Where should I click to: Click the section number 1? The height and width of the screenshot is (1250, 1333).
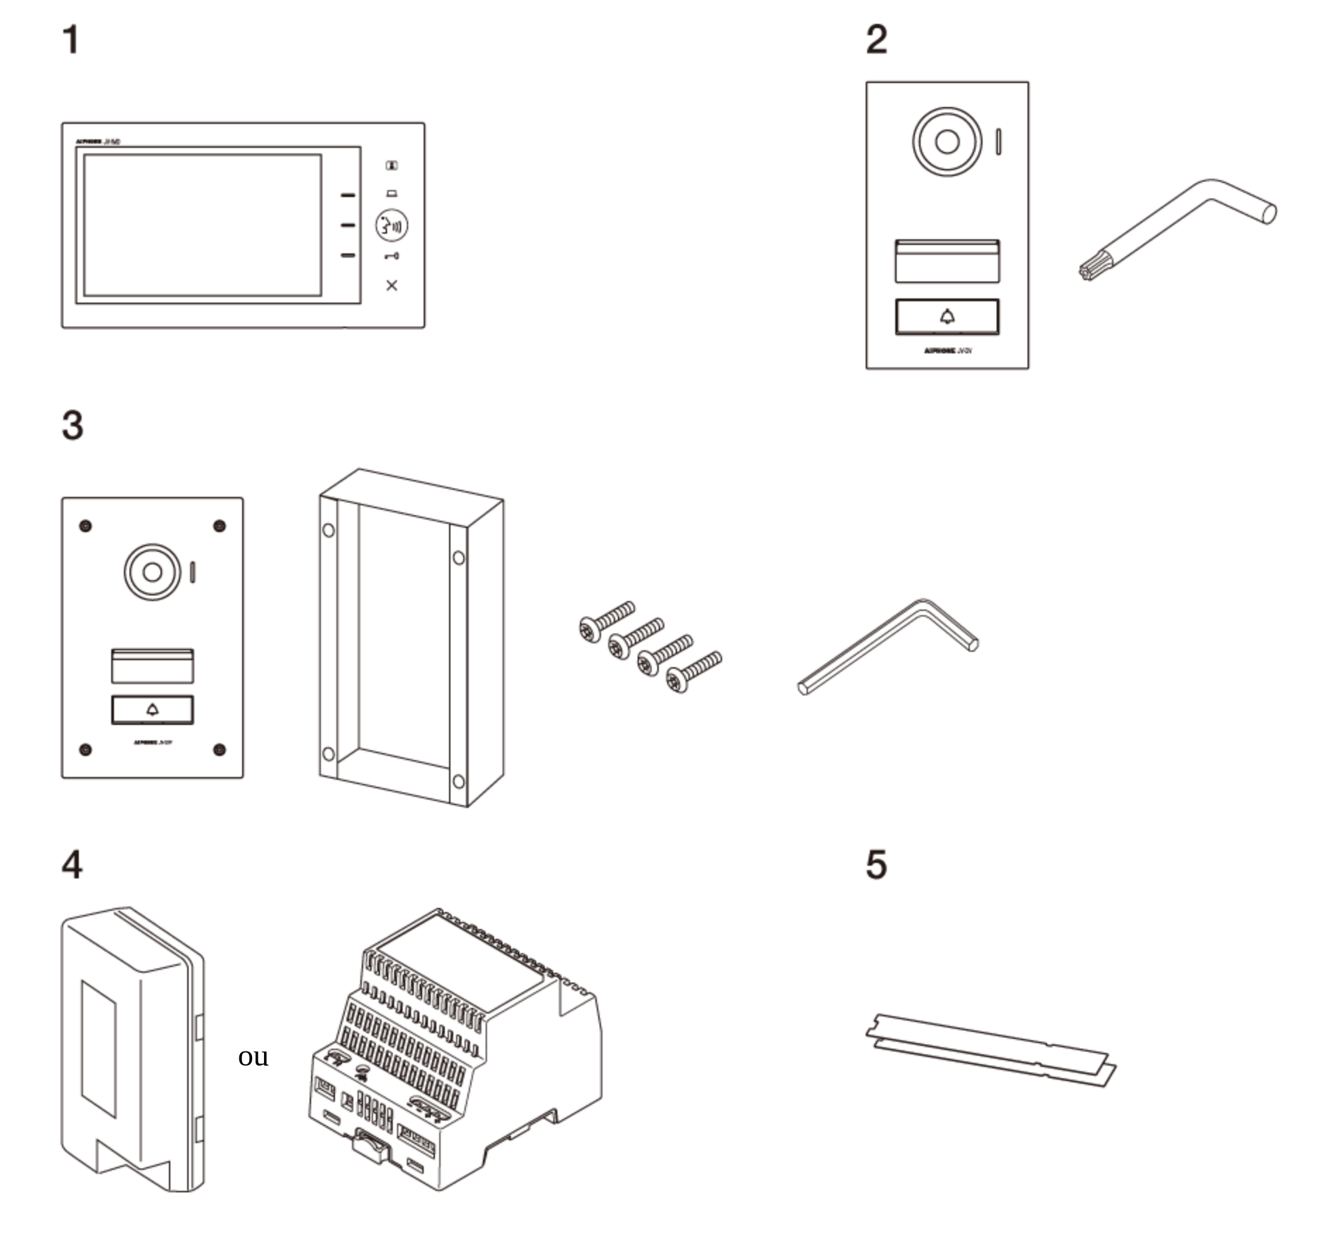click(x=70, y=39)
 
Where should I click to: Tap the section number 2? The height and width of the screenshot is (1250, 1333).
click(x=876, y=39)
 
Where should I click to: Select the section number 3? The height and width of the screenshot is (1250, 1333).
click(x=72, y=426)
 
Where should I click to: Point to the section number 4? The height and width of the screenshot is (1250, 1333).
click(x=72, y=864)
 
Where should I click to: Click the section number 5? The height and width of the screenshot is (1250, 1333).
click(x=876, y=864)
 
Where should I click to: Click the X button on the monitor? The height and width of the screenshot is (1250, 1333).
click(x=392, y=285)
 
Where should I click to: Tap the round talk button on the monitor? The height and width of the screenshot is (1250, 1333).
click(x=391, y=225)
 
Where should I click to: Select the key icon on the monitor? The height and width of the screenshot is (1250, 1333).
click(x=392, y=256)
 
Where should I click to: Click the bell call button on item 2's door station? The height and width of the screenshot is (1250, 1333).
click(x=947, y=317)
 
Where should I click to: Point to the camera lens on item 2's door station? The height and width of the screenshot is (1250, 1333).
click(x=947, y=141)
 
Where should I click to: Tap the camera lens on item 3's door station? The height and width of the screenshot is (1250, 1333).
click(x=152, y=572)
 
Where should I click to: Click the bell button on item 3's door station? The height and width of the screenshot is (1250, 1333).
click(x=152, y=709)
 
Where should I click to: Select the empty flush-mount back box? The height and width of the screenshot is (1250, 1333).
click(x=410, y=637)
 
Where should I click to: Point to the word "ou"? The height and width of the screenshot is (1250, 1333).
click(x=253, y=1056)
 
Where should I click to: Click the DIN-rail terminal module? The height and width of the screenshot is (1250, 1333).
click(x=454, y=1049)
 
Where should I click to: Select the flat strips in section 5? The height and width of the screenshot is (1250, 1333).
click(x=990, y=1049)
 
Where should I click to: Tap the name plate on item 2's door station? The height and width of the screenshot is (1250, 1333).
click(x=947, y=261)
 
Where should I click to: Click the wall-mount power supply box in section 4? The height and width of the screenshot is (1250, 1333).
click(x=132, y=1049)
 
